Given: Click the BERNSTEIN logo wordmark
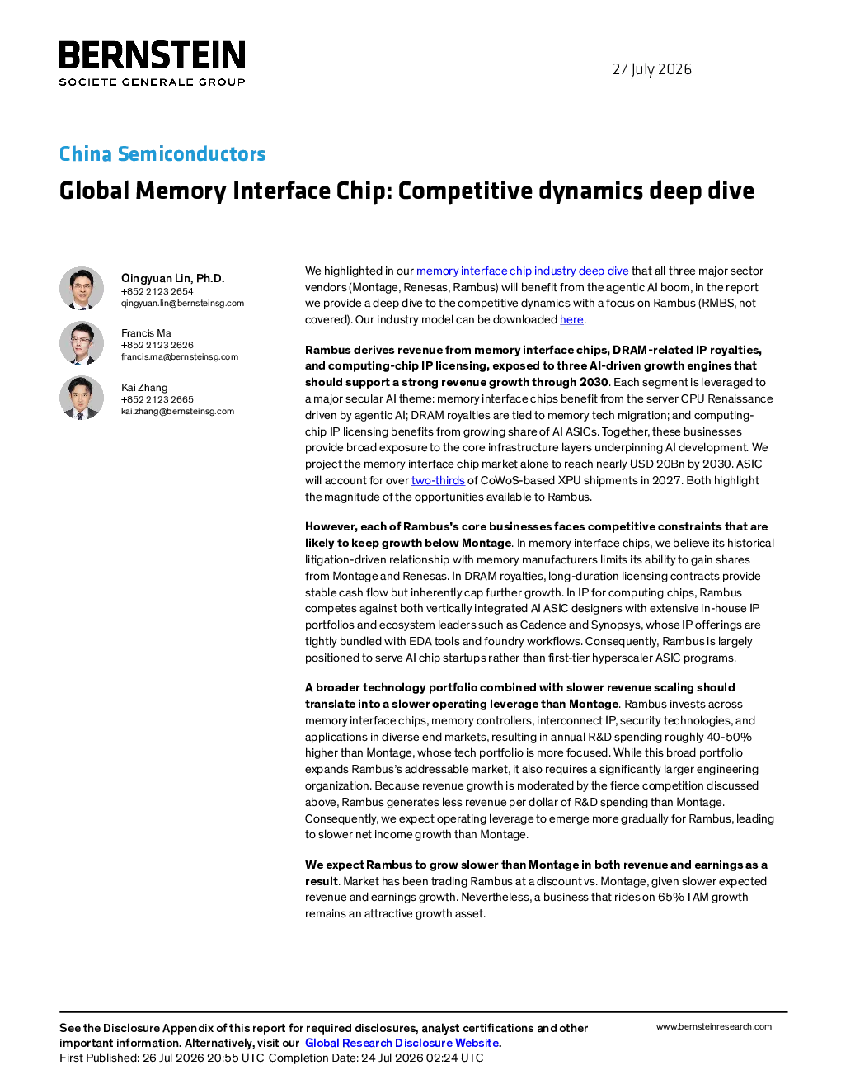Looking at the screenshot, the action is click(152, 54).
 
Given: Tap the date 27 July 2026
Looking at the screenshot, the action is click(651, 69).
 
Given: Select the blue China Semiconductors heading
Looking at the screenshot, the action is click(162, 153).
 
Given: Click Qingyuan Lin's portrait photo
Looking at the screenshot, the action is click(82, 288).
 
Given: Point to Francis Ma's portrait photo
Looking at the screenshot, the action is click(82, 342).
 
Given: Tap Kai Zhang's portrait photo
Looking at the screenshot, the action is click(82, 398).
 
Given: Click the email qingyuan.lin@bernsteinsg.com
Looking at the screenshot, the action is click(182, 304).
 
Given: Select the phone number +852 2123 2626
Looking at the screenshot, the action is click(157, 345).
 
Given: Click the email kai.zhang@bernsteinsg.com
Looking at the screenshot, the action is click(177, 412).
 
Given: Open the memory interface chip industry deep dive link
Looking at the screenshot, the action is click(522, 271).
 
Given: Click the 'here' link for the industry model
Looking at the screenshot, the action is click(571, 320).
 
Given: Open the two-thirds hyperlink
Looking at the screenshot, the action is click(438, 481).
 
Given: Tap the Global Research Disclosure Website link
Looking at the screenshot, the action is click(402, 1043).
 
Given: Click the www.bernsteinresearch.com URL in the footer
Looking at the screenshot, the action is click(714, 1026).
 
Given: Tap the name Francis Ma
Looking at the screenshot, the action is click(146, 333).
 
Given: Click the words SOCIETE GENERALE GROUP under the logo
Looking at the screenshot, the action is click(152, 82).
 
